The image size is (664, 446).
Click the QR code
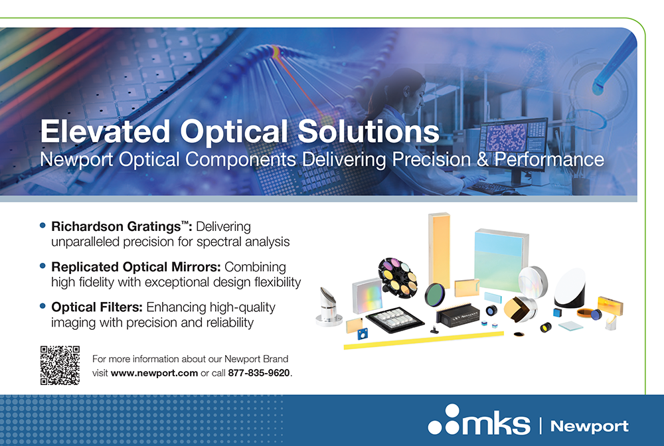tap(60, 365)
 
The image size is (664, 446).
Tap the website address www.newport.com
tap(154, 373)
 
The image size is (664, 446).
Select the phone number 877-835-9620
tap(259, 373)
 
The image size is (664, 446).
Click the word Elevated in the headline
tap(106, 131)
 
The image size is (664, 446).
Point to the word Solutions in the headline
tap(369, 131)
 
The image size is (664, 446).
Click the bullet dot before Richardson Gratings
tap(42, 226)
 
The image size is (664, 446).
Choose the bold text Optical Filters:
tap(96, 307)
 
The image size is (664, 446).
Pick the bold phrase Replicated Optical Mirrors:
tap(136, 267)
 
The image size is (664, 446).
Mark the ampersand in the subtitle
tap(482, 159)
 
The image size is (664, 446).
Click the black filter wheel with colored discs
tap(397, 277)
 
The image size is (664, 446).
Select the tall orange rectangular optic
tap(439, 250)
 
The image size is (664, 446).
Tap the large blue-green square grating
tap(501, 260)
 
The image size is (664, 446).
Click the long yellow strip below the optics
tap(424, 340)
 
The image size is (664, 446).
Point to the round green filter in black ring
tap(435, 294)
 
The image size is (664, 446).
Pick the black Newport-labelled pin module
tap(457, 315)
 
